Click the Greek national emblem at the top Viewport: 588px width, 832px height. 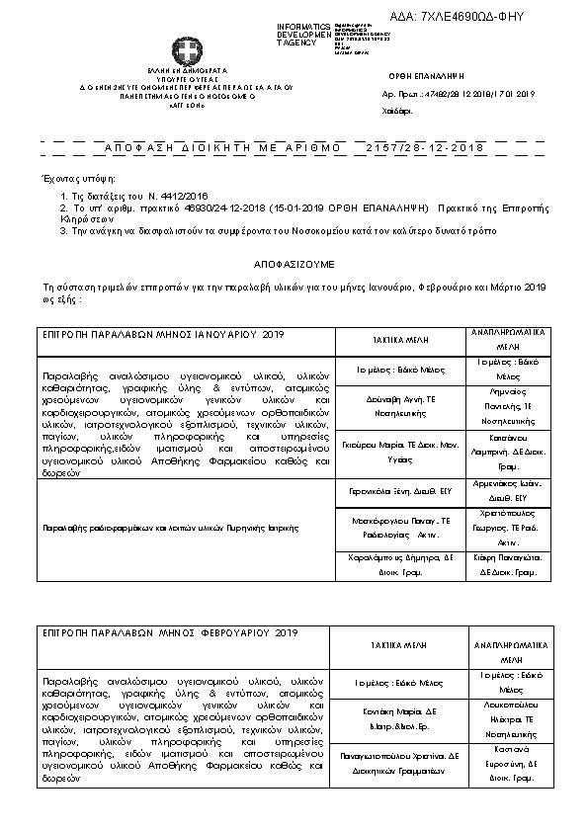(x=185, y=50)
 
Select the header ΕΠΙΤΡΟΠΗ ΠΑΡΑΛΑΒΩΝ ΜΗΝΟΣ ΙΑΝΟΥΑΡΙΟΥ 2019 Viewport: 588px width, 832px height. (x=162, y=335)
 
